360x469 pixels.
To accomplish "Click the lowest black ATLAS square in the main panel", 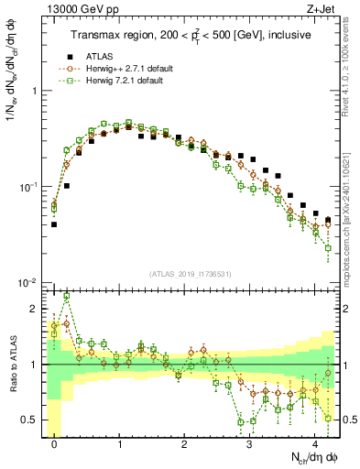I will [54, 224].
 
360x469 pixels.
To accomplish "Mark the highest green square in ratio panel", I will [66, 297].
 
